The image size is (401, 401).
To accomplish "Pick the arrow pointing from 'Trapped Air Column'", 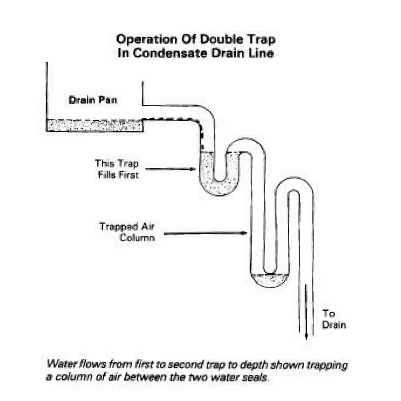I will coord(206,233).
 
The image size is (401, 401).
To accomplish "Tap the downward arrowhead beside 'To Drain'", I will coord(305,335).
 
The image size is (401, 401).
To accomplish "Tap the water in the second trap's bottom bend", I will coord(270,280).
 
